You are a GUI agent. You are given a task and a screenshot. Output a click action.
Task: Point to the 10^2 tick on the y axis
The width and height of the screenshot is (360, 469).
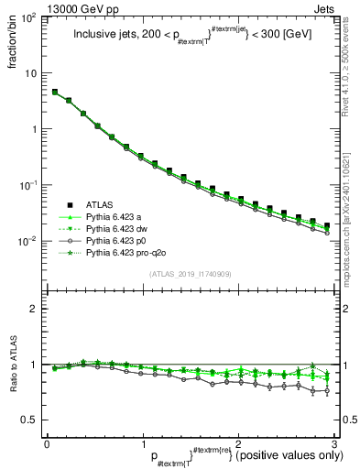(x=29, y=18)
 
